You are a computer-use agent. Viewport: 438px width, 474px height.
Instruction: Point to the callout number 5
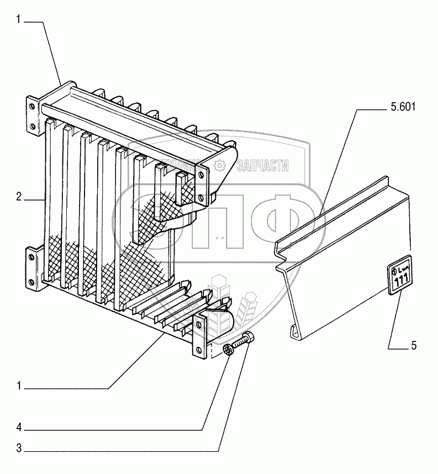[413, 346]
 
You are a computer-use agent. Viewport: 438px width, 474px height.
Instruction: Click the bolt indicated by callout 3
[242, 342]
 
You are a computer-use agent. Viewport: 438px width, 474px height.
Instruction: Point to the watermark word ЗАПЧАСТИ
[263, 165]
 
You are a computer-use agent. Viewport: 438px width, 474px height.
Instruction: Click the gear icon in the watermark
[220, 165]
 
